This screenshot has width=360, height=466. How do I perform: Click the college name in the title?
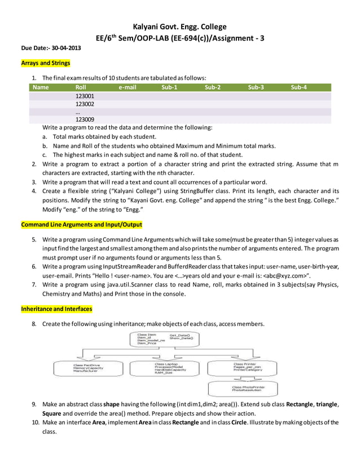(x=179, y=27)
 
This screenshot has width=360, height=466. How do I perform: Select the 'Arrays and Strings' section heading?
(x=46, y=64)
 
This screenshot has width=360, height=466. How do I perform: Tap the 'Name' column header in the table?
(x=41, y=87)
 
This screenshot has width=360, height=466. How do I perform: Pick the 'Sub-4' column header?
(x=299, y=87)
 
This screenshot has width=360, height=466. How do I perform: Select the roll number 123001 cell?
(x=85, y=96)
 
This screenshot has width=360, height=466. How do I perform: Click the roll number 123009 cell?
(x=85, y=119)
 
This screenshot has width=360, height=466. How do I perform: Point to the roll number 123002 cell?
(x=85, y=104)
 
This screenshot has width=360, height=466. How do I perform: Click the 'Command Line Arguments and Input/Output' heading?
(x=81, y=225)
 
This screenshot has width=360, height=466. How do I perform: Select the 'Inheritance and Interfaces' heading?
(x=56, y=309)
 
